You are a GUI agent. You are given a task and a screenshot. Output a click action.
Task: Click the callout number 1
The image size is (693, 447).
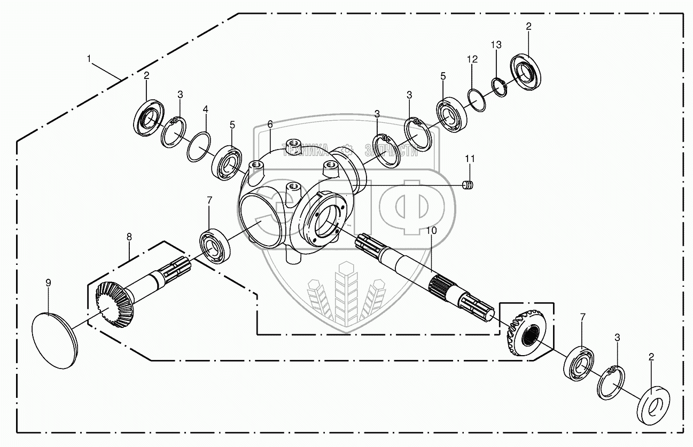pyautogui.click(x=89, y=58)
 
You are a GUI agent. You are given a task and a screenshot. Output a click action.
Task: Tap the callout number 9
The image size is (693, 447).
pyautogui.click(x=48, y=283)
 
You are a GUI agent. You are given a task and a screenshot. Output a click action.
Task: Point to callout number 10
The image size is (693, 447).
pyautogui.click(x=432, y=231)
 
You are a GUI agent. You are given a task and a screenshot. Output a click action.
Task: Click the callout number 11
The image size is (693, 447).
pyautogui.click(x=469, y=159)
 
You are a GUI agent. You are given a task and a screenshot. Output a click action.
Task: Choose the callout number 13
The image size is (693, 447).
pyautogui.click(x=496, y=45)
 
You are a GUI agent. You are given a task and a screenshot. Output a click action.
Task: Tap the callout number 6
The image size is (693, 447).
pyautogui.click(x=270, y=124)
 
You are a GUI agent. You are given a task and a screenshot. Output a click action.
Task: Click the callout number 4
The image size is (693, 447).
pyautogui.click(x=205, y=110)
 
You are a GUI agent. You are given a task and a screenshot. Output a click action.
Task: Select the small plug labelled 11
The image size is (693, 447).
pyautogui.click(x=468, y=185)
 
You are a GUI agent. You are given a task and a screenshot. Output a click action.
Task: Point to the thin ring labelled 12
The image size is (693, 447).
pyautogui.click(x=477, y=100)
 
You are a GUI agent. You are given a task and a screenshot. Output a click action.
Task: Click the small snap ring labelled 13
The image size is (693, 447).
pyautogui.click(x=499, y=87)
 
